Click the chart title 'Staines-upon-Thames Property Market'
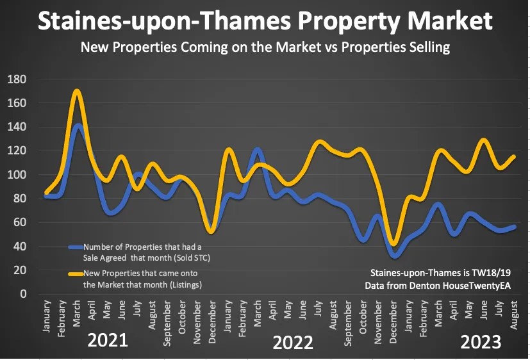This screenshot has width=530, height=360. [265, 21]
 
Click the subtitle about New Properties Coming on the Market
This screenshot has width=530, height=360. [265, 47]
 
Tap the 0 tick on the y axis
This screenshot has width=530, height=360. [22, 294]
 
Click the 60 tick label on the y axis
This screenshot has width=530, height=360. [19, 222]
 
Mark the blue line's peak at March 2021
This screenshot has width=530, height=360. [78, 126]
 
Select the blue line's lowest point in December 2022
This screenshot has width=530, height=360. [395, 256]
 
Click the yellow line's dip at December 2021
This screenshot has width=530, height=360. [211, 231]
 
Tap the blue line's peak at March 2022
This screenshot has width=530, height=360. [258, 150]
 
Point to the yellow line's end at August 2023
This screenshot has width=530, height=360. [514, 156]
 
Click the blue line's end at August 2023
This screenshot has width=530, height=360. [514, 227]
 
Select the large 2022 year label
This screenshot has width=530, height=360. [293, 343]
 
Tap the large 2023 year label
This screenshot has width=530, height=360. [481, 343]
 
